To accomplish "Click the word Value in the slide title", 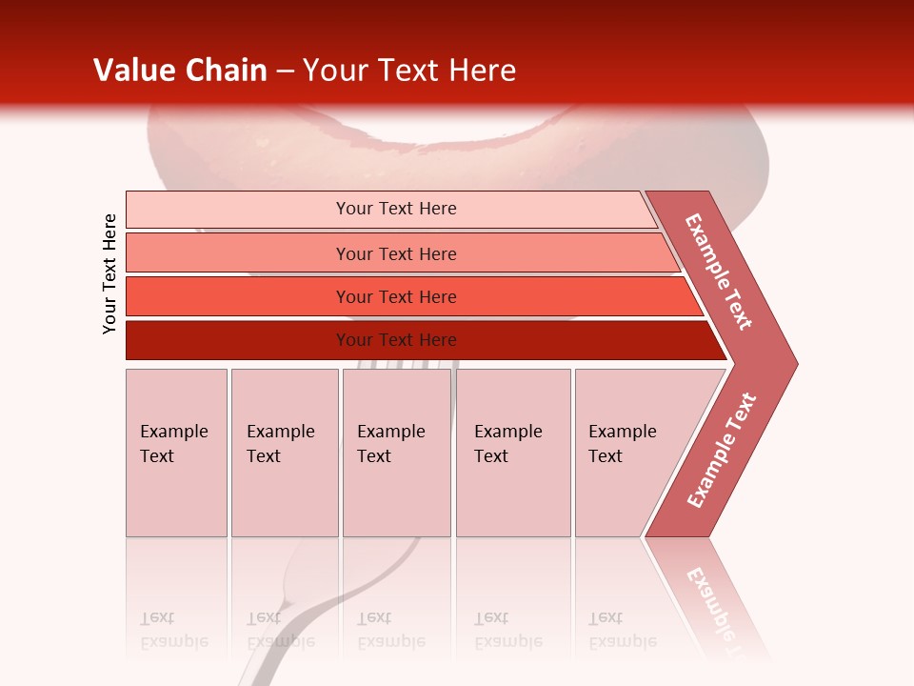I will coord(133,71).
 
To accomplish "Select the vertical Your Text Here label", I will coord(109,273).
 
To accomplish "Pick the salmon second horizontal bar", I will coord(395,253).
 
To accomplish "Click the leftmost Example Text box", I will coord(176,453).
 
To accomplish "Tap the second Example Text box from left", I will coord(285,453).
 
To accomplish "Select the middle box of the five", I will coord(396,453).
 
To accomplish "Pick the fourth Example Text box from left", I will coord(513,453).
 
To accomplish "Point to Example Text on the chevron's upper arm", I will coord(719,272).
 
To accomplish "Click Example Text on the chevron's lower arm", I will coord(722,450).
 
